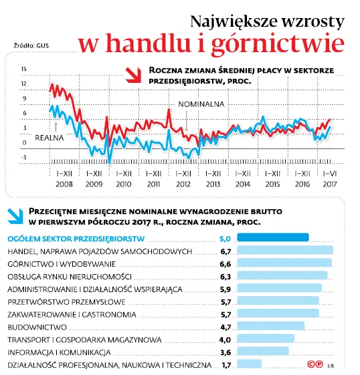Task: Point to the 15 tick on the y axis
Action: tap(23, 69)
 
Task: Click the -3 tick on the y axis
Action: tap(23, 158)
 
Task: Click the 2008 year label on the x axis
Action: tap(64, 183)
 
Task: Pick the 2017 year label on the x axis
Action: tap(330, 183)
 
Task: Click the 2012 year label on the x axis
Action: tap(183, 183)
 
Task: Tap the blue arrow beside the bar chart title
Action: tap(14, 214)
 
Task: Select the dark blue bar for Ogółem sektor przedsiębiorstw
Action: tap(273, 237)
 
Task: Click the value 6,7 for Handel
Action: tap(225, 251)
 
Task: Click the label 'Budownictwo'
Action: tap(37, 327)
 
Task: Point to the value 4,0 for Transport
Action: tap(225, 340)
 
